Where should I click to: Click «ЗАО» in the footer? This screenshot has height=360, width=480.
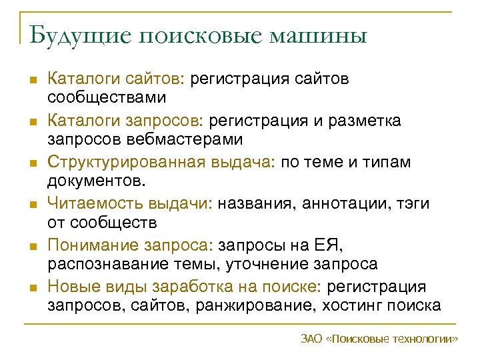click(311, 338)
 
